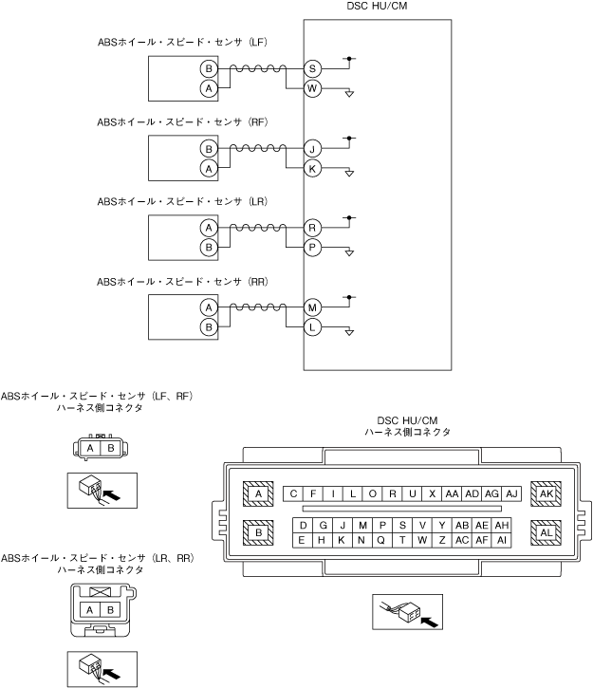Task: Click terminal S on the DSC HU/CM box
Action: (x=312, y=69)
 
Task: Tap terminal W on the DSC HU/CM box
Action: (x=312, y=88)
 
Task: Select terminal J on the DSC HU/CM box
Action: (x=312, y=149)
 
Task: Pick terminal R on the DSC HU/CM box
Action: (x=312, y=228)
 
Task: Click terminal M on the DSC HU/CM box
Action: (x=312, y=307)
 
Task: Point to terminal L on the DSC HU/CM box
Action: (x=312, y=326)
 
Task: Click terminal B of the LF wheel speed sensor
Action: (x=208, y=69)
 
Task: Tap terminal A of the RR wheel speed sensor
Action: (x=208, y=307)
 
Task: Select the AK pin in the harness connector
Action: (x=546, y=493)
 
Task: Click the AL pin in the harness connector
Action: (x=546, y=533)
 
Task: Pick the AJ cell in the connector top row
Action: (x=511, y=493)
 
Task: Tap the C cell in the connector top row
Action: (x=294, y=493)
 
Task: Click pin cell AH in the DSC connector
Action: (x=502, y=525)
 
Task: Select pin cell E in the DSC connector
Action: (x=303, y=540)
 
